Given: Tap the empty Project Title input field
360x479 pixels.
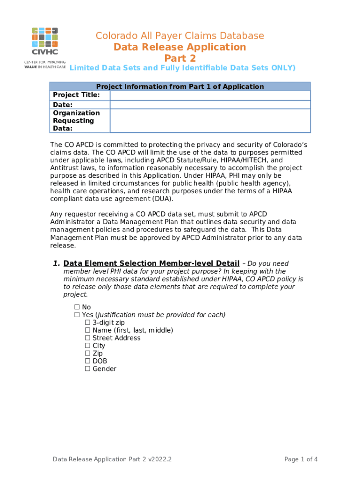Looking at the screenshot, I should [210, 95].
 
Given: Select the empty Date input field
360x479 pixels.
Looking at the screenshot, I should [210, 105].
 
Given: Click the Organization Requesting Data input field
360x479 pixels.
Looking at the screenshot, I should [210, 121].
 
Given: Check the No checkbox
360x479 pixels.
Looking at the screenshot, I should [77, 307].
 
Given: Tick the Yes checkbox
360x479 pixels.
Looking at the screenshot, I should [77, 315].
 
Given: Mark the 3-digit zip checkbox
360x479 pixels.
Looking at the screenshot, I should [87, 323].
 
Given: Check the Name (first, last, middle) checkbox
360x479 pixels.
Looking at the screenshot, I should [87, 330].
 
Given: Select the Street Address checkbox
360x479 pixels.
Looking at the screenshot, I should [87, 338].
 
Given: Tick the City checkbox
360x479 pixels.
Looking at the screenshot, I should [87, 346].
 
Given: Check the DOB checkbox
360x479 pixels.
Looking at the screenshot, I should [87, 361].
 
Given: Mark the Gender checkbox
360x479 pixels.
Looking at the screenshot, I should [87, 369].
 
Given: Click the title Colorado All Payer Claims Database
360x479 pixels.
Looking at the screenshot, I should [180, 36].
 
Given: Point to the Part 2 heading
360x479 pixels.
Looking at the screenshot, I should [180, 58].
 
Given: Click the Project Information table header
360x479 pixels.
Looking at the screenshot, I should [180, 87].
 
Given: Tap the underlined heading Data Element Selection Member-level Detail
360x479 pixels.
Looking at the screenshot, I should [151, 263].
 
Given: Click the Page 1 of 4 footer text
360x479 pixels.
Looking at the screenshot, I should [301, 459].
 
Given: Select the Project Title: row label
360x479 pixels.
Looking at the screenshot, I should [76, 95].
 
